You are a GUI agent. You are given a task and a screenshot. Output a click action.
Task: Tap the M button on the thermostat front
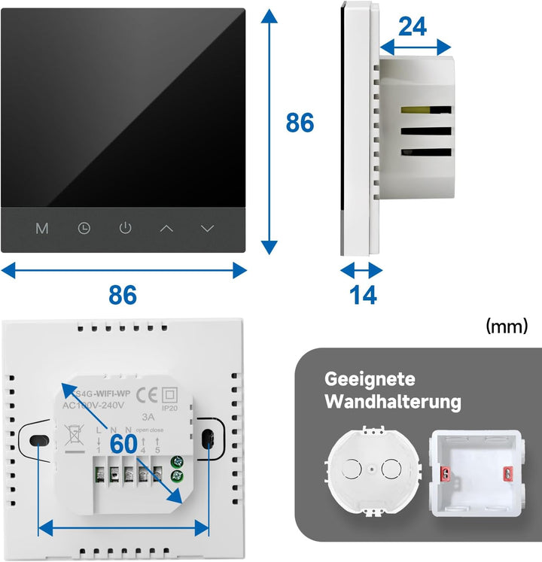tap(42, 228)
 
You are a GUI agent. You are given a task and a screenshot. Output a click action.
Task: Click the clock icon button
tap(84, 228)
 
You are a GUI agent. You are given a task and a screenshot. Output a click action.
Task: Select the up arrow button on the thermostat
tap(166, 228)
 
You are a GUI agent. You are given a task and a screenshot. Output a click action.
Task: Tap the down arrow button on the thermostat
tap(208, 228)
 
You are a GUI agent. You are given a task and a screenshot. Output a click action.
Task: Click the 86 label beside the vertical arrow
tap(300, 123)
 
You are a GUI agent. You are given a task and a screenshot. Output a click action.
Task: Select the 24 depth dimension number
tap(413, 27)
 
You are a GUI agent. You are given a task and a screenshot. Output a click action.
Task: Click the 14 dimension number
tap(364, 296)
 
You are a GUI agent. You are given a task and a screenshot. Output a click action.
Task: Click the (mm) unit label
tap(507, 327)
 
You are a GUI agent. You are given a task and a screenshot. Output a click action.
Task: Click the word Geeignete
tap(370, 379)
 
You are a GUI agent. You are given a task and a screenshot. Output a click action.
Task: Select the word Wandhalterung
tap(392, 403)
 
